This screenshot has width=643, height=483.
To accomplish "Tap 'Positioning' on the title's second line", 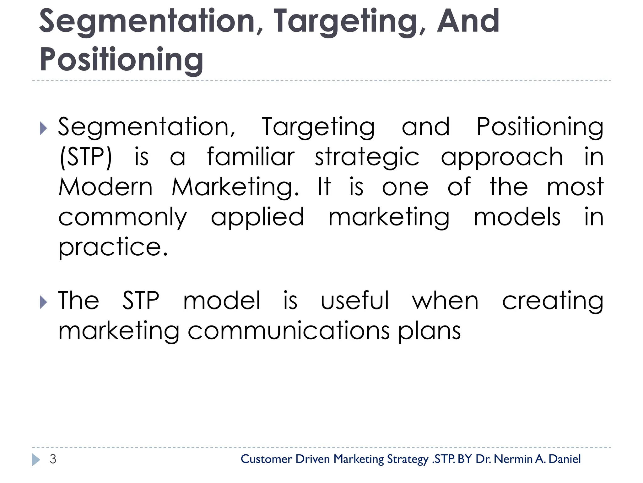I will tap(122, 60).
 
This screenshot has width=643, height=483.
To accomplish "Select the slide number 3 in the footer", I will tap(53, 459).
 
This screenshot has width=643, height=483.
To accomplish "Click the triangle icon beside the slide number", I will tap(36, 460).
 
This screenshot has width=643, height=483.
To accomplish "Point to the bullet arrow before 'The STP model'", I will tap(44, 302).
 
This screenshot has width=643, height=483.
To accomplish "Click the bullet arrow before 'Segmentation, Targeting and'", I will tap(44, 128).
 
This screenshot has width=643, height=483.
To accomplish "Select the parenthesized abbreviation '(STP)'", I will tap(86, 157).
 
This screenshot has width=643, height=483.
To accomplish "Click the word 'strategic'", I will tap(367, 157).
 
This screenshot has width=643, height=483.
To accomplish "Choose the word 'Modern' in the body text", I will tap(105, 187).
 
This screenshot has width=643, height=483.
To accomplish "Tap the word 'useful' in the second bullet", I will tap(355, 301).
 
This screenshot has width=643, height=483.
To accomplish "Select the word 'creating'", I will tap(553, 301).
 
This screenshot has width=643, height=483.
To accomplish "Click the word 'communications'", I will tap(288, 331).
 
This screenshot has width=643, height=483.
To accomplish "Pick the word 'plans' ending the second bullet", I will tap(430, 331).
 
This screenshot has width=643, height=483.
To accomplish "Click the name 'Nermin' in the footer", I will tap(513, 459).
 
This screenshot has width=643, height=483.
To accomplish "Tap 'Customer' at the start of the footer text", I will tap(266, 459).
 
